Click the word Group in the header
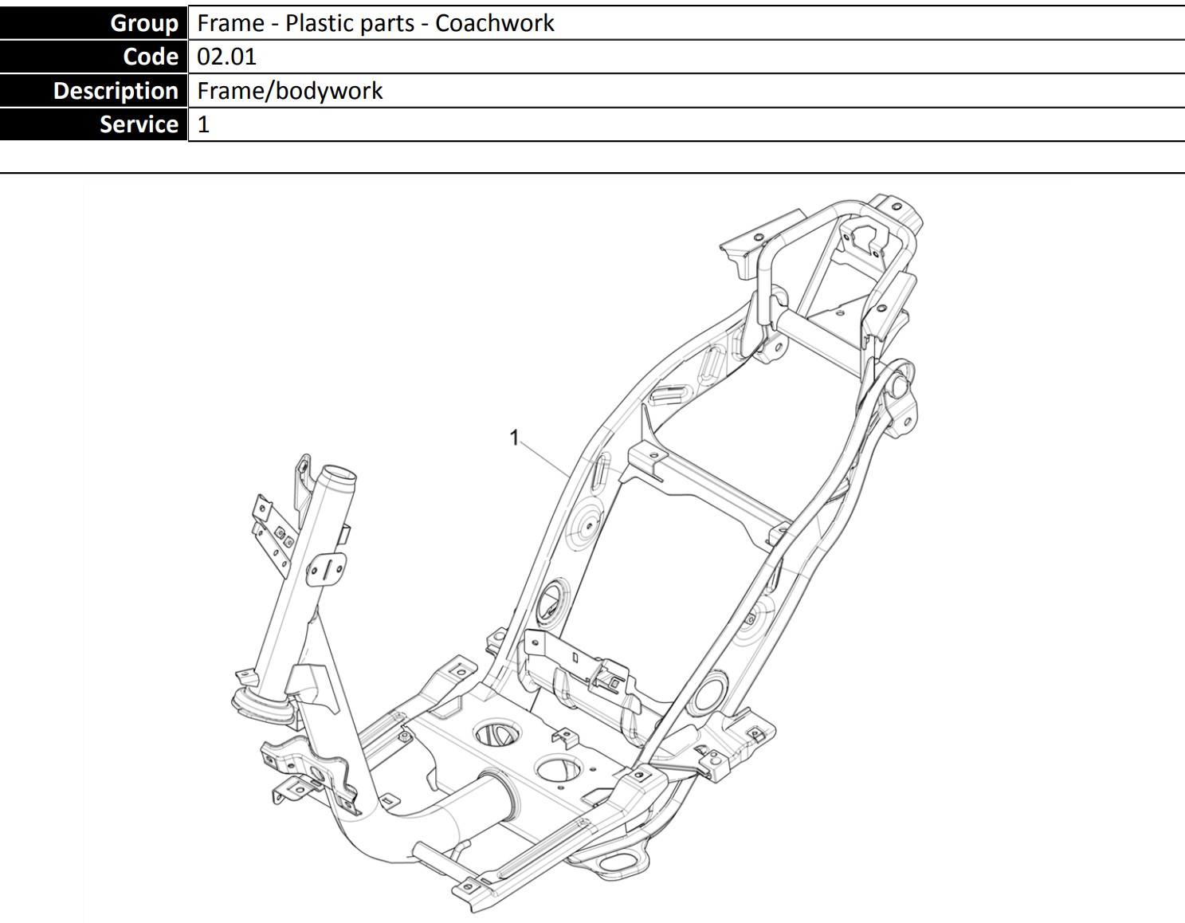pos(144,23)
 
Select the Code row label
pos(151,57)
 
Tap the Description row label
pos(116,91)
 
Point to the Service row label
pos(139,125)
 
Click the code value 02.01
pos(226,57)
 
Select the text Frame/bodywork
pos(289,91)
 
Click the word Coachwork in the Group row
pos(495,23)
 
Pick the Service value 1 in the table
pos(203,125)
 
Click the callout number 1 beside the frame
pos(514,438)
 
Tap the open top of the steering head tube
pos(338,473)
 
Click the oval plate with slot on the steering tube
pos(326,569)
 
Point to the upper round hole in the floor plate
pos(497,733)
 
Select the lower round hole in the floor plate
pos(559,768)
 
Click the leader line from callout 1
pos(546,460)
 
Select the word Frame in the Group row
pos(230,23)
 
